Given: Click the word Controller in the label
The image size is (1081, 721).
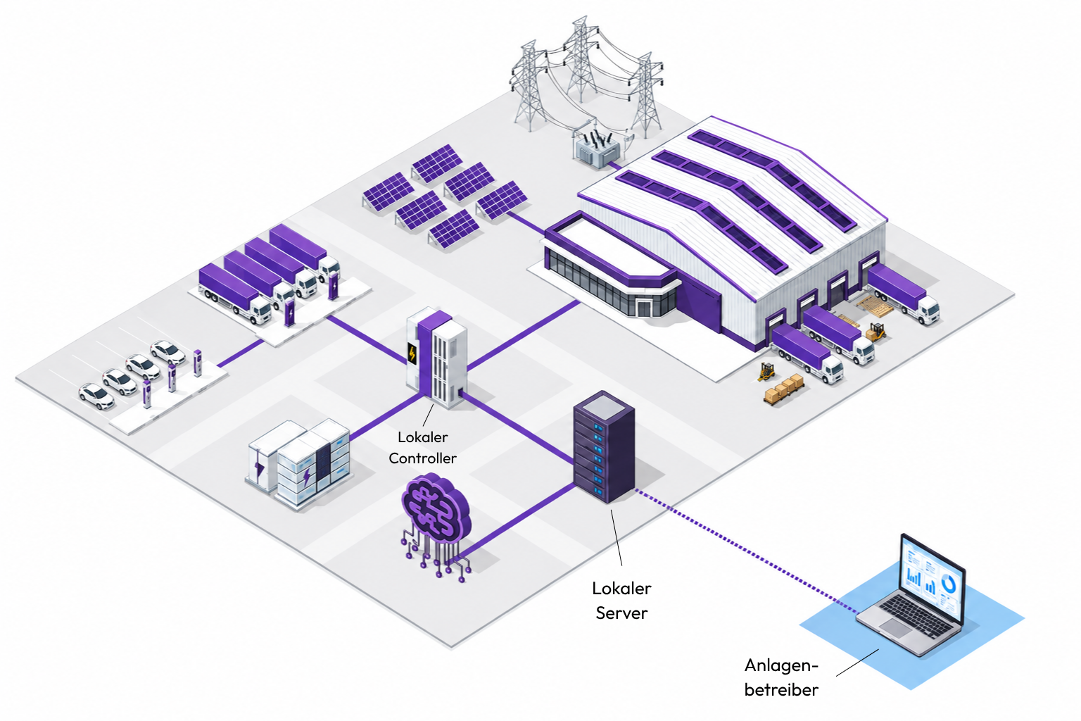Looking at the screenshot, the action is pyautogui.click(x=422, y=458).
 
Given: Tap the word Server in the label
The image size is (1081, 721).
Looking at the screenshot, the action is pyautogui.click(x=621, y=613).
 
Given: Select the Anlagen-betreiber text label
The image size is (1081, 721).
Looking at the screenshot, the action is pyautogui.click(x=781, y=677).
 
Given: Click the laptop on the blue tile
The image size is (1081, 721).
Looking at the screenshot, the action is pyautogui.click(x=911, y=597).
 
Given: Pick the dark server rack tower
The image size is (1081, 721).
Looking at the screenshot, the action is pyautogui.click(x=604, y=446).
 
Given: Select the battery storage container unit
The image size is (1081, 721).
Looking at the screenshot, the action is pyautogui.click(x=299, y=463).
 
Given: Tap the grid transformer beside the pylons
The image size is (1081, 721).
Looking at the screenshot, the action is pyautogui.click(x=597, y=146).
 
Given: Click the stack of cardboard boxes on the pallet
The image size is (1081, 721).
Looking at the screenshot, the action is pyautogui.click(x=784, y=388).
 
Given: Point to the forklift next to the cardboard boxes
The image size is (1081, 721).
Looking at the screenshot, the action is pyautogui.click(x=766, y=371).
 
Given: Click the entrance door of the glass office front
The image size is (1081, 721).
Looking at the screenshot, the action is pyautogui.click(x=643, y=308).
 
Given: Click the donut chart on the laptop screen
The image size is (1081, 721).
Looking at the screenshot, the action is pyautogui.click(x=948, y=585).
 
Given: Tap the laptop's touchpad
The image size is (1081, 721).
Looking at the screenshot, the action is pyautogui.click(x=895, y=627).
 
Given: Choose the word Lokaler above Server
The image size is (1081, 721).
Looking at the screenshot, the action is pyautogui.click(x=621, y=588).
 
